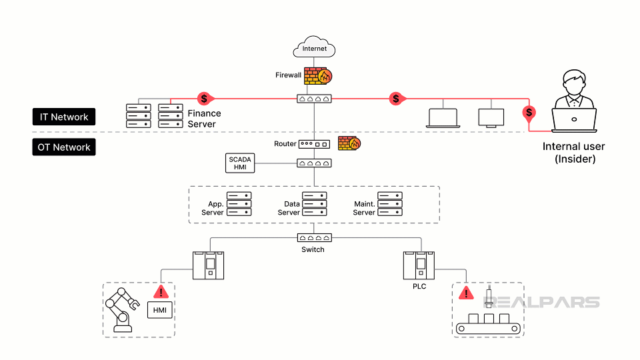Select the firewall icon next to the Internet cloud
[318, 76]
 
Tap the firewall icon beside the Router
[349, 143]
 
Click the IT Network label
[64, 117]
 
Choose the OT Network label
[64, 147]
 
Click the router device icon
[314, 144]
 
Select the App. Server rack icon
[239, 204]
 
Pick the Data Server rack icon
[314, 204]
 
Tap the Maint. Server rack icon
[390, 204]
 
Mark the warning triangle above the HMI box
[160, 291]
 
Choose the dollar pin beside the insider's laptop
[529, 113]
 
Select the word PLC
[419, 287]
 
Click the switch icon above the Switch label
[313, 237]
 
